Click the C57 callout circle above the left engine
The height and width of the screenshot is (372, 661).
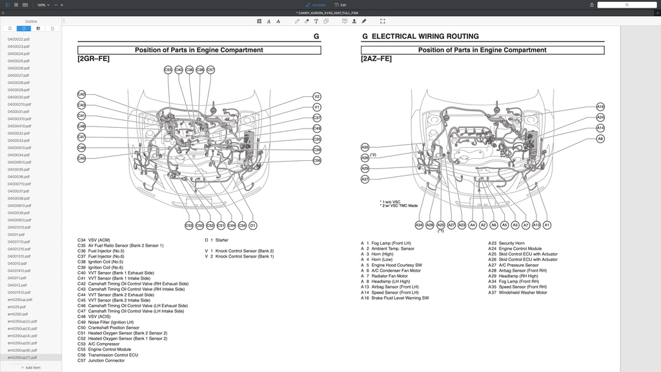click(210, 70)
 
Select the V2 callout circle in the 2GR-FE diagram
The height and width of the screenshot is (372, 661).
click(317, 97)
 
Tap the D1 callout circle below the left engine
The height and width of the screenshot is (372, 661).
click(253, 225)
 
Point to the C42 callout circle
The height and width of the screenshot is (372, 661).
click(81, 94)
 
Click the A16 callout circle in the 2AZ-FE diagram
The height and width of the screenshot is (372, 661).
click(600, 107)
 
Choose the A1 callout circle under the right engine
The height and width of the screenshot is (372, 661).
click(547, 225)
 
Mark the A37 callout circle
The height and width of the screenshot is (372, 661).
click(365, 179)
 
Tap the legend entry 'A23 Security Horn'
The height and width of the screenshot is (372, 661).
click(506, 243)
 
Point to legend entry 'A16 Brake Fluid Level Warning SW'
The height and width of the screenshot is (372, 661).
click(394, 298)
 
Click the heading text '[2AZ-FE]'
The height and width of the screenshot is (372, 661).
click(376, 59)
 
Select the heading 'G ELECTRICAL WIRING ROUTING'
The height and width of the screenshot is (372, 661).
click(420, 37)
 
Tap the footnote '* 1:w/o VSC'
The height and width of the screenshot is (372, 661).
click(391, 201)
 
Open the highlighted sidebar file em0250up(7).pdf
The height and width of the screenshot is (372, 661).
click(23, 357)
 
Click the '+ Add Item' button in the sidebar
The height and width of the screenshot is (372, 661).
click(30, 367)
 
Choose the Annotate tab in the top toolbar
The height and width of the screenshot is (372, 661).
click(315, 5)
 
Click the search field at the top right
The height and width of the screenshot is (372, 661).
click(626, 5)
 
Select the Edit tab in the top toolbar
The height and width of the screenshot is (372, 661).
click(340, 5)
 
